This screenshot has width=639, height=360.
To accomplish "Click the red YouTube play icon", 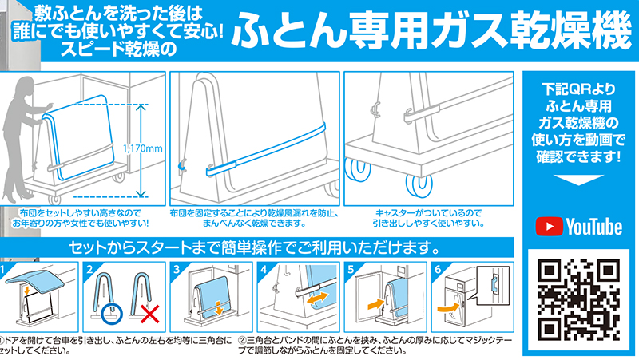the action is tap(549, 227).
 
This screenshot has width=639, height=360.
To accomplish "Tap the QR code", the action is tap(578, 299).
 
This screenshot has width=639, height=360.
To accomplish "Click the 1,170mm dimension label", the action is tap(142, 148).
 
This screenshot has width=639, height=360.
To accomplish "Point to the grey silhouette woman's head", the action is tap(25, 86).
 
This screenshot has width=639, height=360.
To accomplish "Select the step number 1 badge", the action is tap(2, 269).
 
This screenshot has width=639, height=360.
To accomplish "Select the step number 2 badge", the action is tap(89, 269).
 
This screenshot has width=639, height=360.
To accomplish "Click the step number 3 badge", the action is tap(177, 269).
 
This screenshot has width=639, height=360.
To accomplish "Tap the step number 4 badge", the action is tap(264, 269).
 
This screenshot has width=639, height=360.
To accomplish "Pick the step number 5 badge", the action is tap(351, 269).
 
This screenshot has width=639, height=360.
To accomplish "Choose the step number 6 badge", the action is tap(438, 269).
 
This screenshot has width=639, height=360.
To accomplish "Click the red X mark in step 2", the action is tap(149, 314).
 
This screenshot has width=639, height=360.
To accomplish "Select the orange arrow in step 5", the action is tap(375, 304).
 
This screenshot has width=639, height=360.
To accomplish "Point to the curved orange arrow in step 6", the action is tap(449, 307).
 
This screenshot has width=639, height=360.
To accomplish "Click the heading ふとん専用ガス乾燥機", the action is tap(431, 30).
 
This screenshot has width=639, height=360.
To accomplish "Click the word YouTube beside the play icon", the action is tap(594, 227).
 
